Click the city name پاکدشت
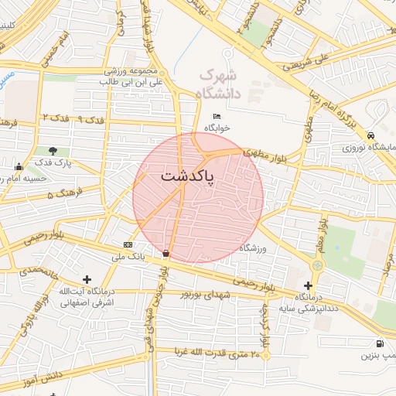coord(189,176)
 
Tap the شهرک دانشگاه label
coord(220,84)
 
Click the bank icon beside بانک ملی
coord(128,244)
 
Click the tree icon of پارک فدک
coord(53,151)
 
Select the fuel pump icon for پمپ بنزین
coord(378,344)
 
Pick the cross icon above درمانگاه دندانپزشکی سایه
coord(308,285)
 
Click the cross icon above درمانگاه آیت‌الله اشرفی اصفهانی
coord(87,279)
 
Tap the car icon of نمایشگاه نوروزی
coord(372,135)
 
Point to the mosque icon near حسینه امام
coord(19,166)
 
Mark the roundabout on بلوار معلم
coord(316,265)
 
